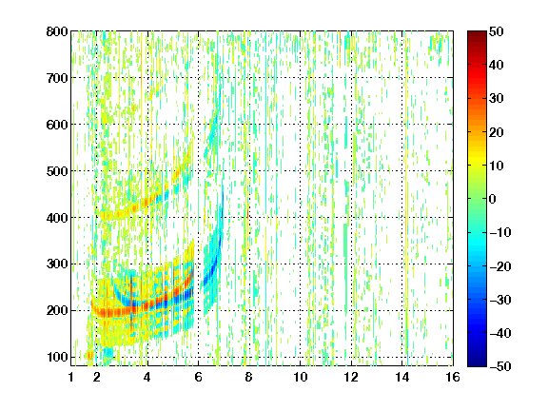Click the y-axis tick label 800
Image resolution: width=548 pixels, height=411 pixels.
(x=57, y=31)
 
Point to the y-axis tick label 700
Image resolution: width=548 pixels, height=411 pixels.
(x=57, y=78)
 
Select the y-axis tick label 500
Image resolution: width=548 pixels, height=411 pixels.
(x=57, y=171)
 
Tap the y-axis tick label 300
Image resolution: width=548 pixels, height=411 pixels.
(x=57, y=264)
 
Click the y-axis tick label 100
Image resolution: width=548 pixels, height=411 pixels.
(x=57, y=357)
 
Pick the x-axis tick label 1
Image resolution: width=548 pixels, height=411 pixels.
(x=71, y=377)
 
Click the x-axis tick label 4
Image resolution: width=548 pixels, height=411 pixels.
(x=147, y=377)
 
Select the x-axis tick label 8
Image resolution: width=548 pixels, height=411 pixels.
(x=248, y=377)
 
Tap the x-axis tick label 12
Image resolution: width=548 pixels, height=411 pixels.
(x=351, y=377)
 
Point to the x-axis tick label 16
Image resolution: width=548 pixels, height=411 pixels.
(x=453, y=377)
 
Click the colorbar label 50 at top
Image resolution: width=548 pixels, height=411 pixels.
(x=497, y=31)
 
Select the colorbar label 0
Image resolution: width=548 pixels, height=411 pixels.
(x=493, y=199)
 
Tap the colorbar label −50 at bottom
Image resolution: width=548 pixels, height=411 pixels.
(x=500, y=366)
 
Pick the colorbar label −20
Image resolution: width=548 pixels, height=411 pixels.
(x=500, y=266)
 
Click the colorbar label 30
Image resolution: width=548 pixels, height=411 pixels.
(x=497, y=99)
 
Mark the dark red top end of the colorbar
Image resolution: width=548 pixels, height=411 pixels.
(x=477, y=32)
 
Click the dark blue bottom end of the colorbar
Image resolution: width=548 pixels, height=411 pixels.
(x=477, y=365)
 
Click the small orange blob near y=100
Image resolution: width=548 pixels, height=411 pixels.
(x=89, y=356)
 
